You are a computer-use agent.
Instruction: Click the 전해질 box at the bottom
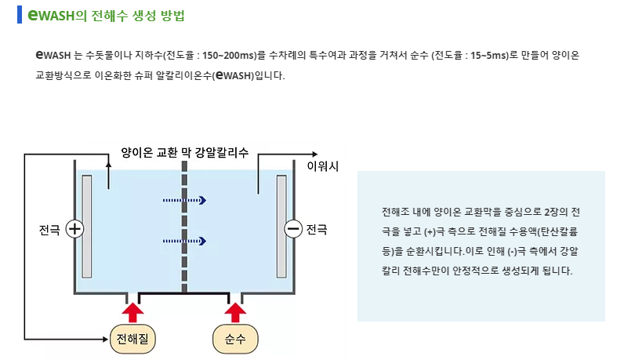point(134,338)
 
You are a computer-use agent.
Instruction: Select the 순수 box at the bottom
point(235,338)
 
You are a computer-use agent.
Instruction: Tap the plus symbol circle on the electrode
point(74,229)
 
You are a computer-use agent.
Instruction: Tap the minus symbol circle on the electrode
point(293,229)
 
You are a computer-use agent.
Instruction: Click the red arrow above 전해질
point(134,308)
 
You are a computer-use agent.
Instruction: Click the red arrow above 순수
point(235,308)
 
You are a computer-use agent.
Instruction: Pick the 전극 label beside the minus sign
point(317,229)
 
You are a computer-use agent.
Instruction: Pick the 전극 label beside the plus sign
point(50,230)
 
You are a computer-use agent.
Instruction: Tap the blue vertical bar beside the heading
point(20,15)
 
